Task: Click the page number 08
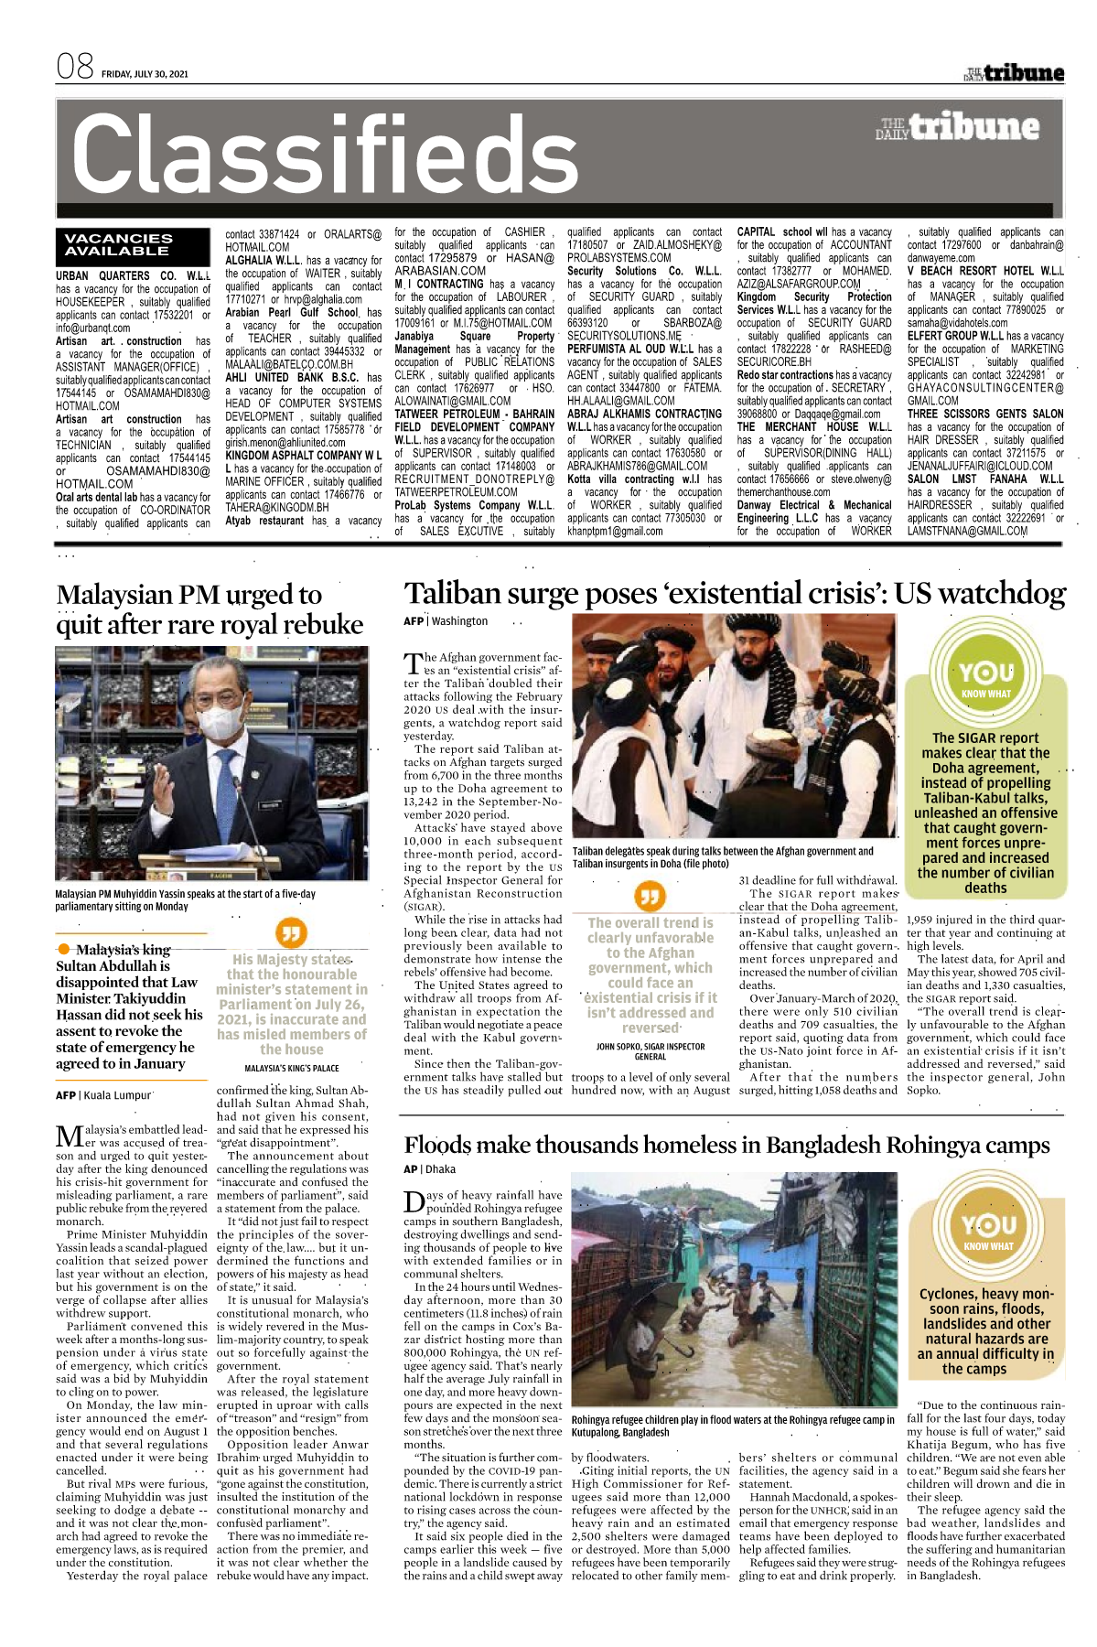(75, 66)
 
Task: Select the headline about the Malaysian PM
(210, 609)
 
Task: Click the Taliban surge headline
(735, 593)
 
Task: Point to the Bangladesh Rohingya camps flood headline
(726, 1145)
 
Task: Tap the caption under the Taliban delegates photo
(723, 856)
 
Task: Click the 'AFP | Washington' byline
(446, 621)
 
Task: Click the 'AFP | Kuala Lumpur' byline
(103, 1095)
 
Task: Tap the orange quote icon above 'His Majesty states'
(291, 933)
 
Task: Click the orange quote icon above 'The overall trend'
(650, 896)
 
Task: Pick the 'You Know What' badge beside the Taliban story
(986, 678)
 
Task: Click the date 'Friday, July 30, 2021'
(145, 74)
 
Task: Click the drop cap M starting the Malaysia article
(70, 1136)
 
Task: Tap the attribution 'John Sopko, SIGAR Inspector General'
(650, 1051)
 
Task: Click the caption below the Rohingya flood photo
(732, 1426)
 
